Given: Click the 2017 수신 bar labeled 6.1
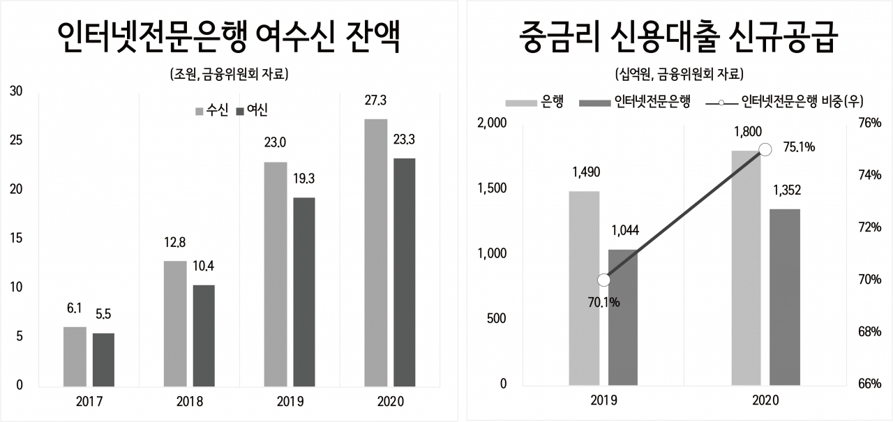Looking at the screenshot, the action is click(x=75, y=356).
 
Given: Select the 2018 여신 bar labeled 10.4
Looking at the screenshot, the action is click(x=204, y=336).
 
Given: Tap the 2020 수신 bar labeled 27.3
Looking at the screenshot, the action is click(x=376, y=253).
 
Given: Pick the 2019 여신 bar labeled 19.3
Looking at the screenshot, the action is click(x=304, y=292).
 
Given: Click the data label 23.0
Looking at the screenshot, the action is click(x=275, y=143).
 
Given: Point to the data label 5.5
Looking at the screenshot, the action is click(x=103, y=315).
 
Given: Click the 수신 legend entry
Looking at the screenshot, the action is click(x=211, y=110).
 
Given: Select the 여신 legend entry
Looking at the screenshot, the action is click(x=252, y=110).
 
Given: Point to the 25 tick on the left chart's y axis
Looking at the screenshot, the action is click(x=16, y=140).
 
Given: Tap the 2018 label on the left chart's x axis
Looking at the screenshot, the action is click(x=190, y=401).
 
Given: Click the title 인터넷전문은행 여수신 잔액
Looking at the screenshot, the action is click(x=229, y=37).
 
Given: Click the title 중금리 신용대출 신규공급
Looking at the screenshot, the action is click(x=679, y=37).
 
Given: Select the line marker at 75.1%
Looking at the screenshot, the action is click(x=765, y=150).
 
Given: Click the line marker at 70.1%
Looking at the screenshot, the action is click(x=604, y=280).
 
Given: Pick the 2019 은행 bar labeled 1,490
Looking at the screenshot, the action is click(x=584, y=288).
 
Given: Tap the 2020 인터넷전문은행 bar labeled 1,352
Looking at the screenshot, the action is click(x=785, y=297).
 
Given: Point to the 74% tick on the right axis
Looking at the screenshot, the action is click(x=869, y=175).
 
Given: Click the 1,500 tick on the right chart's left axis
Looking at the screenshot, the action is click(x=492, y=188).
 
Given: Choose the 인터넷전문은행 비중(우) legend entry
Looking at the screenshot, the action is click(x=784, y=102).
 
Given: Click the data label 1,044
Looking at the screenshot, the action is click(x=625, y=230).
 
